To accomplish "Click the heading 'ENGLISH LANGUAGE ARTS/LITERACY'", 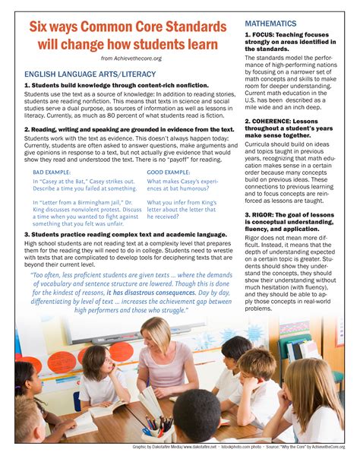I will [90, 74].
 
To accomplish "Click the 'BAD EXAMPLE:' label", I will [52, 173].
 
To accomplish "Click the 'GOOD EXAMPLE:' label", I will [169, 173].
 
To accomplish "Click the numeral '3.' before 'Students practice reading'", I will [27, 235].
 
